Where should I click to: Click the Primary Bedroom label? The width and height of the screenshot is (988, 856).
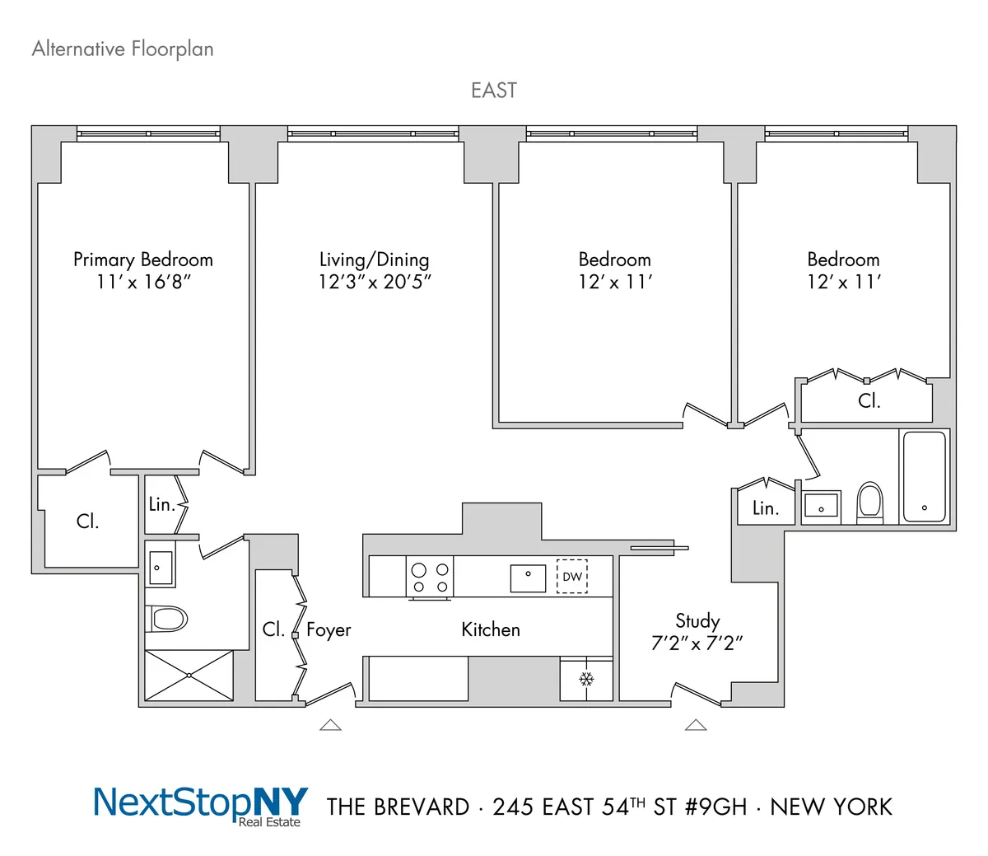pos(143,260)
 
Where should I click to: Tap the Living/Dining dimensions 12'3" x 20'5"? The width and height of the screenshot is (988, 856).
pos(375,282)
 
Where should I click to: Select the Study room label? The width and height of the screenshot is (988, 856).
pos(697,620)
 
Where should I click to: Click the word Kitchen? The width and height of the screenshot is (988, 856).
pos(491,629)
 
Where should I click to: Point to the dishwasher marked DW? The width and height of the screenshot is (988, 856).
pos(572,576)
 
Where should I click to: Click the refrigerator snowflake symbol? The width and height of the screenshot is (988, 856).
pos(586,679)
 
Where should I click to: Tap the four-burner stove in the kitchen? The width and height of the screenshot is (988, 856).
pos(430,577)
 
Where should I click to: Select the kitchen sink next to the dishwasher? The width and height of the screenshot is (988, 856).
pos(528,578)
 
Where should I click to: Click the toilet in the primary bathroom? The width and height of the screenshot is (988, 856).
pos(167,618)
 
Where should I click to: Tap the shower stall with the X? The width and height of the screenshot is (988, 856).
pos(189,676)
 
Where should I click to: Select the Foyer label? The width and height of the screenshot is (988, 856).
pos(329,630)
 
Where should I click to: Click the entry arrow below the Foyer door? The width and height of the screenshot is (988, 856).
pos(330,725)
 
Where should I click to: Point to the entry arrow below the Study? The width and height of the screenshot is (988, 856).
pos(696,725)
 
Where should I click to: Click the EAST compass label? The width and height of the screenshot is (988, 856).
pos(494,90)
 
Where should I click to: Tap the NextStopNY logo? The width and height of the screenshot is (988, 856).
pos(201,804)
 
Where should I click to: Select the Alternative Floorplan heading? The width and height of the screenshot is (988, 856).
pos(123,49)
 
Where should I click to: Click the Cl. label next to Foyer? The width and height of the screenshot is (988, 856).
pos(273,629)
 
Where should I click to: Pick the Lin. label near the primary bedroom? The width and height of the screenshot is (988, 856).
pos(161,504)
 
